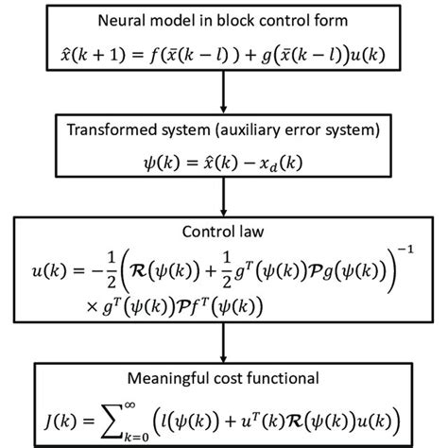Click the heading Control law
(224, 229)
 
